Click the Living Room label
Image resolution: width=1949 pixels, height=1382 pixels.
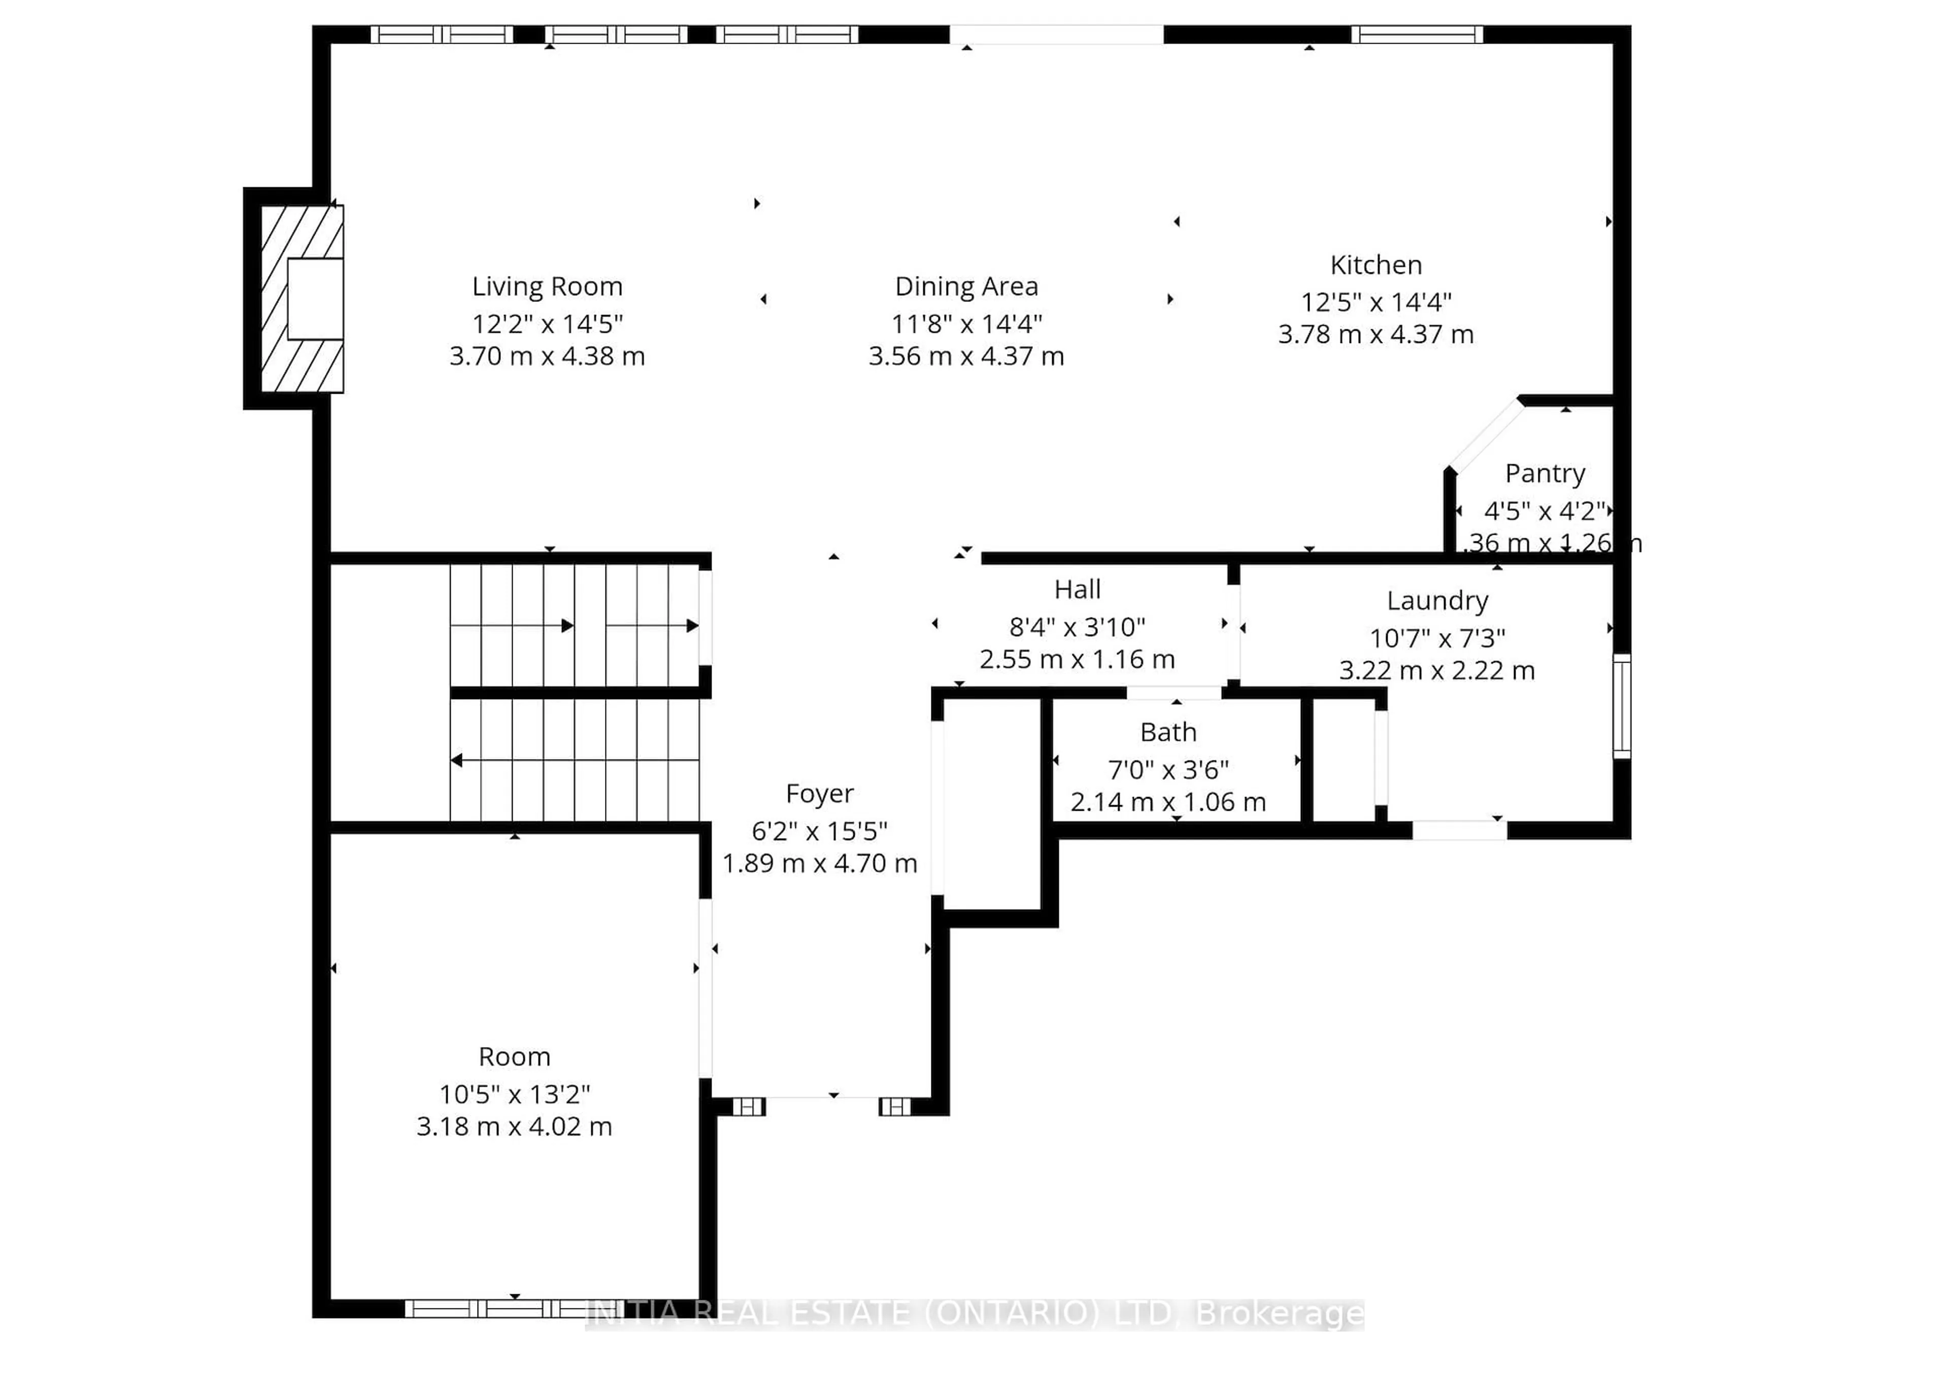click(x=547, y=286)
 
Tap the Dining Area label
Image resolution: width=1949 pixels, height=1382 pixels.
click(x=966, y=286)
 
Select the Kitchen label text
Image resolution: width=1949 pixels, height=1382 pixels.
click(x=1375, y=265)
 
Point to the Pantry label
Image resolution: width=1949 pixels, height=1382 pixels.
click(x=1544, y=473)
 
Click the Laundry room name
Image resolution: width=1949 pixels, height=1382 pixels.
click(x=1437, y=601)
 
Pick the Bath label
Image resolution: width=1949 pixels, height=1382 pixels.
click(x=1168, y=732)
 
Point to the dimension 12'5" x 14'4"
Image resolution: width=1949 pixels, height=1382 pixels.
click(x=1375, y=301)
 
